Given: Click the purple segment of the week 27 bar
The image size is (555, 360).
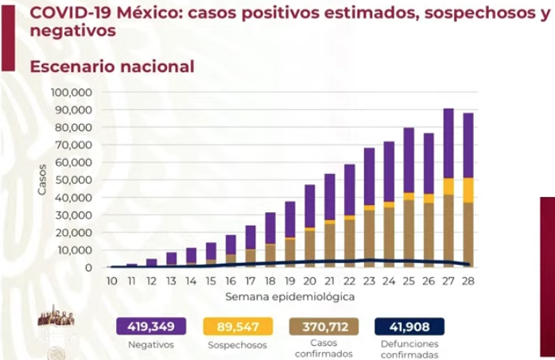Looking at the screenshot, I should point(448,143).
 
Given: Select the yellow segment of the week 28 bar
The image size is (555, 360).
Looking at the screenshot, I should point(469,189).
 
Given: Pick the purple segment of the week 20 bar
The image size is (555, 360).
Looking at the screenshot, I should point(309,206).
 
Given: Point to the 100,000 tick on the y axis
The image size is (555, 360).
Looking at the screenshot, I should point(72,92).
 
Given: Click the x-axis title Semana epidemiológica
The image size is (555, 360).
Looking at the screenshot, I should point(289,296).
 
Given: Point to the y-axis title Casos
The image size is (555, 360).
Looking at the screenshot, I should point(42,180).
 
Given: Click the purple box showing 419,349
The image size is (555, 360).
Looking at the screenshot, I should point(151,326).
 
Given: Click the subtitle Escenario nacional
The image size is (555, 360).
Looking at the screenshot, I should point(111,67).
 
